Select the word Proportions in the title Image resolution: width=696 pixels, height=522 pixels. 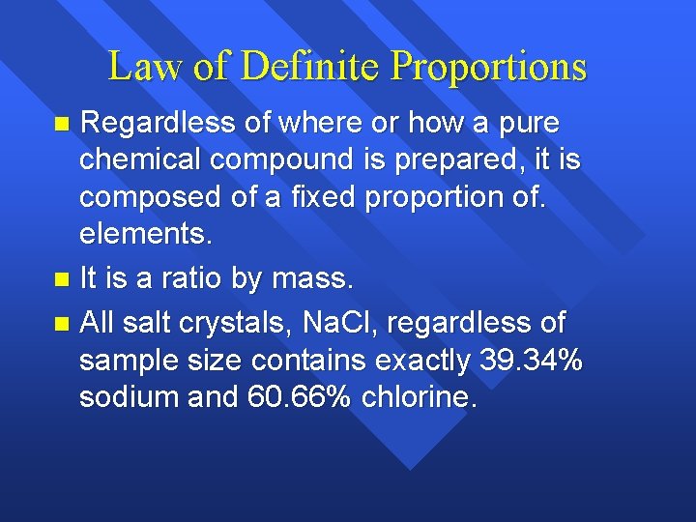pos(488,67)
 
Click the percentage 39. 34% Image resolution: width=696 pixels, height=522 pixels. pos(530,361)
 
